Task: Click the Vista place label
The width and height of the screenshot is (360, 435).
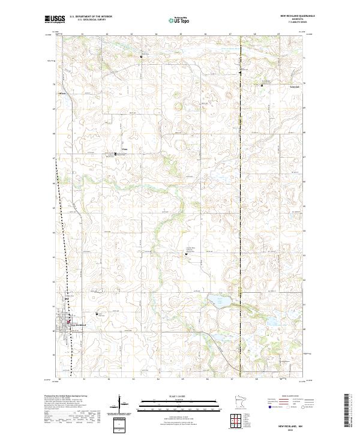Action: [x=125, y=149]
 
